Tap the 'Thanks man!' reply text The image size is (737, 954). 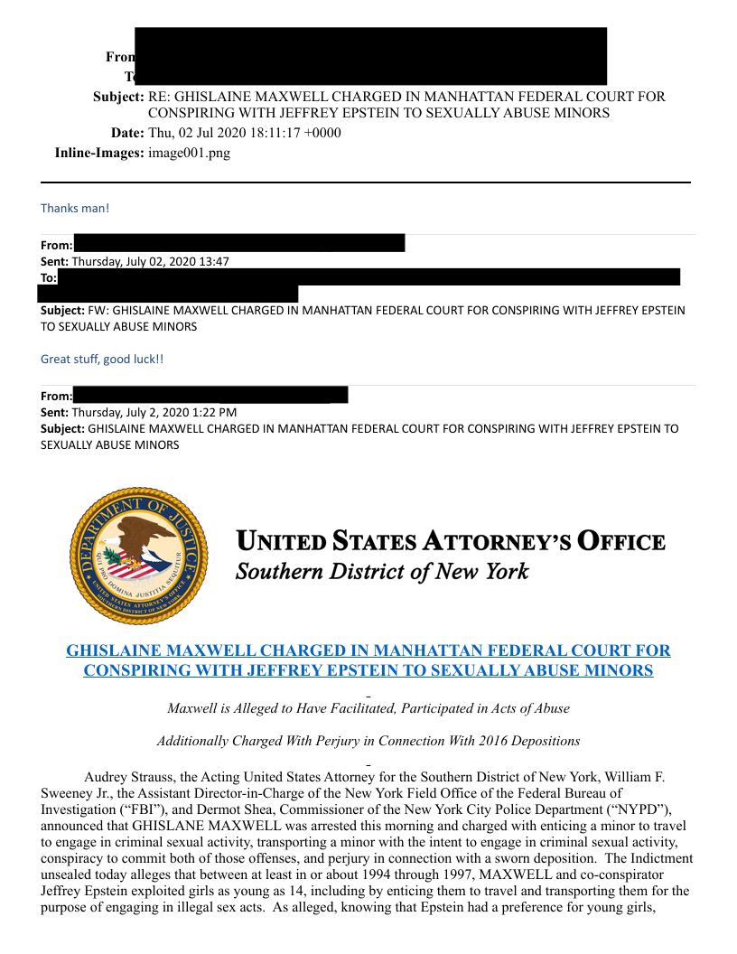[75, 209]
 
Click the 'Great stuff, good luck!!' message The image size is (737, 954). [102, 359]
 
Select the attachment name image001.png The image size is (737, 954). [189, 153]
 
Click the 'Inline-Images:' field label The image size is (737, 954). [99, 153]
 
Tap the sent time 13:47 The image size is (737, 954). [214, 262]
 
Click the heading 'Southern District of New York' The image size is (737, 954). [382, 572]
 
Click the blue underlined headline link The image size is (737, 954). [368, 660]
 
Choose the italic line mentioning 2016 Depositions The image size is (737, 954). [368, 741]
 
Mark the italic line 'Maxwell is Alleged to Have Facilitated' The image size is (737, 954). [368, 708]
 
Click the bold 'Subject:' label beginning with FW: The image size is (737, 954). [62, 310]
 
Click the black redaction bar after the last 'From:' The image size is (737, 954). [210, 395]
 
